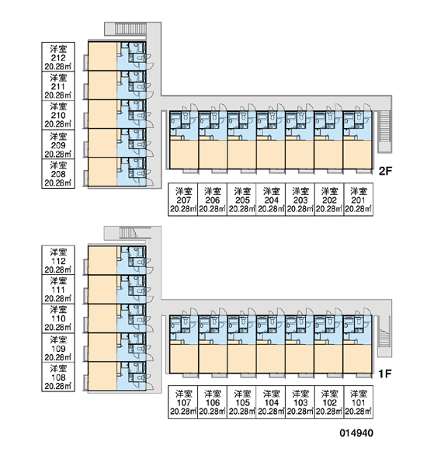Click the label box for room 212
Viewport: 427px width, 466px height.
tap(58, 57)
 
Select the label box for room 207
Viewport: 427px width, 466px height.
tap(183, 200)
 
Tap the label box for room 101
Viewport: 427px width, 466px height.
tap(359, 402)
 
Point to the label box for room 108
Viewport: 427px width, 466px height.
tap(58, 377)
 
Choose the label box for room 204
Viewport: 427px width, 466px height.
tap(271, 200)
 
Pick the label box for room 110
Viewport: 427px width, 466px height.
tap(58, 318)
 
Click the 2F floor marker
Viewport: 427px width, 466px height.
tap(385, 171)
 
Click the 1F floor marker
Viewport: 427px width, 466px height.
tap(385, 374)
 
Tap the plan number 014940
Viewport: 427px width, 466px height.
tap(356, 433)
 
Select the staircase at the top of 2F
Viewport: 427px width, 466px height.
tap(130, 29)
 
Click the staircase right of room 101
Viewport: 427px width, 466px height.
tap(384, 336)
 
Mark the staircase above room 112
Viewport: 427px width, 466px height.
tap(128, 233)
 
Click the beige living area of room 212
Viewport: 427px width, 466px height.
tap(102, 56)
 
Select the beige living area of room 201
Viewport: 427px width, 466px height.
tap(357, 155)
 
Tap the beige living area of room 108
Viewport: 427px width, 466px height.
tap(102, 376)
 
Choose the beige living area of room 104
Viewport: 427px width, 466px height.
tap(270, 358)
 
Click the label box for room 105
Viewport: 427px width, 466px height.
tap(241, 402)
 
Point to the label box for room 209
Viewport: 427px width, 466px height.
tap(58, 144)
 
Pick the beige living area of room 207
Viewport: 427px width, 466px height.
tap(184, 155)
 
